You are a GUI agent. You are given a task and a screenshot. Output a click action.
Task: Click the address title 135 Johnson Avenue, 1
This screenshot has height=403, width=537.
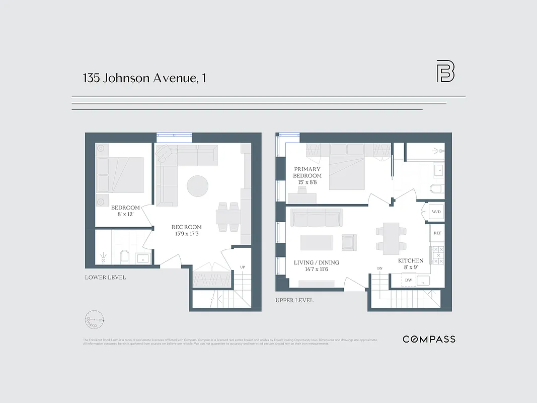(144, 78)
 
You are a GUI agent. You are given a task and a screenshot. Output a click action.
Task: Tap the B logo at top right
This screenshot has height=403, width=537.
(445, 72)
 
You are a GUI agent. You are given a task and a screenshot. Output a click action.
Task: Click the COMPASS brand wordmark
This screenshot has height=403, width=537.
(429, 339)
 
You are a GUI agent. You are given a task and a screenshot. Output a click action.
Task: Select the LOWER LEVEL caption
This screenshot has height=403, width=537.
(105, 278)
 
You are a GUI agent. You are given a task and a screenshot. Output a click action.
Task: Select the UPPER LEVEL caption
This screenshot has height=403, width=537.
(294, 300)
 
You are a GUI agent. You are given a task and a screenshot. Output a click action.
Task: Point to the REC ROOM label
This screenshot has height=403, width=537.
(186, 230)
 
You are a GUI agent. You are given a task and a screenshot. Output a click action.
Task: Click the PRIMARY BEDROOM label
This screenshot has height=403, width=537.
(308, 176)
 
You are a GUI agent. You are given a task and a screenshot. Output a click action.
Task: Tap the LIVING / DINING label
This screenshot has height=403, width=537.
(316, 266)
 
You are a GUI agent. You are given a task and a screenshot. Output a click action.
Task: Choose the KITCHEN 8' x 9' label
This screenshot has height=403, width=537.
(411, 264)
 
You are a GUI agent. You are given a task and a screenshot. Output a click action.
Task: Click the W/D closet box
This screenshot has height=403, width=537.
(436, 212)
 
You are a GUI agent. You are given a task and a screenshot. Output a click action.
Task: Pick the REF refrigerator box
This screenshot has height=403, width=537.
(437, 233)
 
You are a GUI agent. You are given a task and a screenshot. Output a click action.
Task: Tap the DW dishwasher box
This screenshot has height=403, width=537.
(409, 280)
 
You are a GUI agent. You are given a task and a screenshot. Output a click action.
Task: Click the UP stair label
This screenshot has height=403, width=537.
(243, 267)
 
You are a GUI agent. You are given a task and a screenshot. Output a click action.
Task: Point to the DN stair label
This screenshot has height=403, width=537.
(380, 268)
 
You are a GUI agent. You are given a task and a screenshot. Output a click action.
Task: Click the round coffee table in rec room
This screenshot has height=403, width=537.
(197, 186)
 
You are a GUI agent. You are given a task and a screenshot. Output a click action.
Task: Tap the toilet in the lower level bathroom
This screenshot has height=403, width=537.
(124, 257)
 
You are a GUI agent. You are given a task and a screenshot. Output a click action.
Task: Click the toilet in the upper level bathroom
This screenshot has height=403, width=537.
(436, 189)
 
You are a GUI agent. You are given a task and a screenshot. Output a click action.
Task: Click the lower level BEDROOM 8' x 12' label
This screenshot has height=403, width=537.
(125, 211)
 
